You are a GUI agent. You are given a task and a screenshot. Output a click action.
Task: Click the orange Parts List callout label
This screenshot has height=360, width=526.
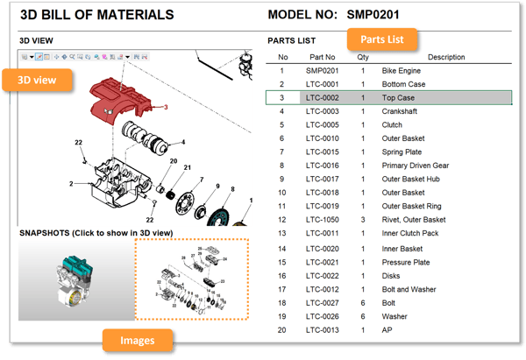382,39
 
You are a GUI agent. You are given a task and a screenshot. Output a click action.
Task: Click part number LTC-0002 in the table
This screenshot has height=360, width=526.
323,97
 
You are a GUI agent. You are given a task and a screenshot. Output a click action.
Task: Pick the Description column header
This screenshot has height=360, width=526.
446,57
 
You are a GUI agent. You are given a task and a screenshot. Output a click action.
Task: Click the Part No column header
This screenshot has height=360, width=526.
323,57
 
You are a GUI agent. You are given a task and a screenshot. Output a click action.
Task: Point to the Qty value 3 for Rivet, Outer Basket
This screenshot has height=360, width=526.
363,219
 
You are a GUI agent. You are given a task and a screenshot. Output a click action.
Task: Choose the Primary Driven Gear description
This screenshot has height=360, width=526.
416,165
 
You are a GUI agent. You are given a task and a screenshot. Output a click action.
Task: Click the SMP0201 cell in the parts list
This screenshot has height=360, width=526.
323,70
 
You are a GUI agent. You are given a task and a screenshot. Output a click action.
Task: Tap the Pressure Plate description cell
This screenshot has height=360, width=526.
406,262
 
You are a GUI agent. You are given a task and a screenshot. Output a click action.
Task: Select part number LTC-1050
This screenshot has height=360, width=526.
323,219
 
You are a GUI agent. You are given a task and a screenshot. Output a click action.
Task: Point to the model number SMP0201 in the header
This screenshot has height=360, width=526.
373,15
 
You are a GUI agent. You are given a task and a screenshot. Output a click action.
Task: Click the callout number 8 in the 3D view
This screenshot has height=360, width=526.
232,189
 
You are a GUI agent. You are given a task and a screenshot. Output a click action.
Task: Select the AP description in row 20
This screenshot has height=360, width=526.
387,329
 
